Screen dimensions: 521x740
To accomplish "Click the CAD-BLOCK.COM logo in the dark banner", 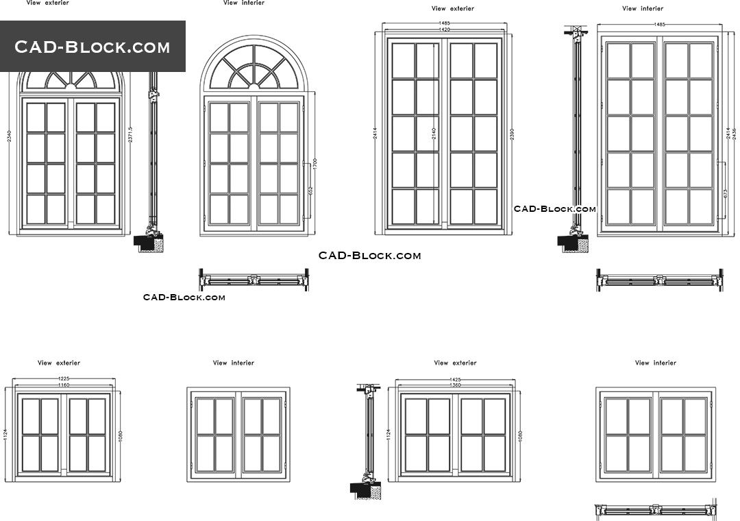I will pyautogui.click(x=92, y=47).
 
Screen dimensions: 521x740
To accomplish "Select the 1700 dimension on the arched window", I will pyautogui.click(x=314, y=165).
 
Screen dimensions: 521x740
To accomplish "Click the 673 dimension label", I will pyautogui.click(x=726, y=194).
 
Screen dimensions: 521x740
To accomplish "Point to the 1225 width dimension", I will pyautogui.click(x=64, y=379).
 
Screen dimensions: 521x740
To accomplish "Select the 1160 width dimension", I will pyautogui.click(x=64, y=385).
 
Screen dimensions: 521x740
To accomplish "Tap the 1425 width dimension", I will pyautogui.click(x=455, y=379).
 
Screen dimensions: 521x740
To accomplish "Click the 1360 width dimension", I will pyautogui.click(x=455, y=385).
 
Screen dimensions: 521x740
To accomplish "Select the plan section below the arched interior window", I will pyautogui.click(x=254, y=280).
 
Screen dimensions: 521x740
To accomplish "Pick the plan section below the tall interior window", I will pyautogui.click(x=659, y=280).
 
